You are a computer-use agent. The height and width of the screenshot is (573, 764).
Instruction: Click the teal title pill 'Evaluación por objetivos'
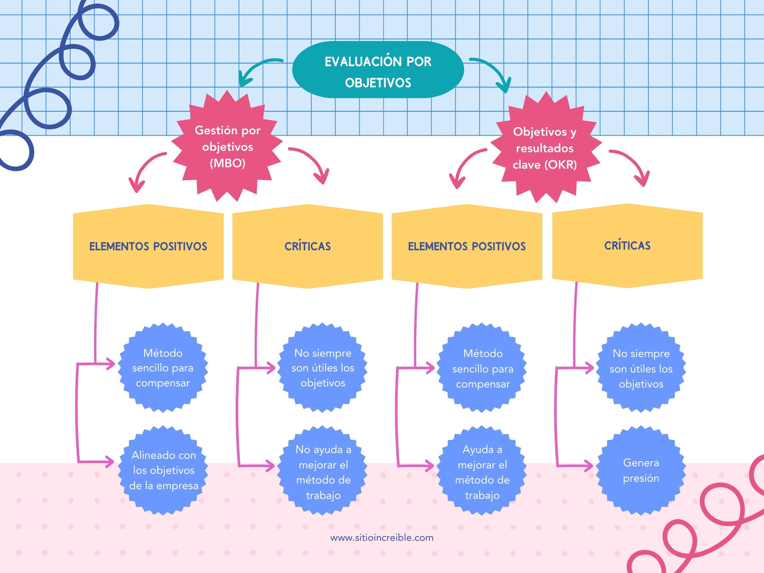[378, 70]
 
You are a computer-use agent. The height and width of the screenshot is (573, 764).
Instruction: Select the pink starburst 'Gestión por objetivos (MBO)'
[227, 146]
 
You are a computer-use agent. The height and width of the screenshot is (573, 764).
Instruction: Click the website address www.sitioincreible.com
[382, 538]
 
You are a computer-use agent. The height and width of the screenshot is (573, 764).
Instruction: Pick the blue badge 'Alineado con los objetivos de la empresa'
[163, 470]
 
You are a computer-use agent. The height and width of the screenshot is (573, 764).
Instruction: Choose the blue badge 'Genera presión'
[641, 470]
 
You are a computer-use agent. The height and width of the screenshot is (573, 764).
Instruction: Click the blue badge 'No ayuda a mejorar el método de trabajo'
[323, 470]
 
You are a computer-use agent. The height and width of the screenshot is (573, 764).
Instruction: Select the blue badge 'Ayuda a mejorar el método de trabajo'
[482, 470]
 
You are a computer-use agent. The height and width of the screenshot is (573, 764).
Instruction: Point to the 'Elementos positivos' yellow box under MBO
[149, 246]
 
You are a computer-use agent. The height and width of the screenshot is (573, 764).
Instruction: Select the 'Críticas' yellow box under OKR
[627, 245]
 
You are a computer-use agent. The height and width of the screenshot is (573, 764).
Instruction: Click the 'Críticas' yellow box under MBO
[308, 246]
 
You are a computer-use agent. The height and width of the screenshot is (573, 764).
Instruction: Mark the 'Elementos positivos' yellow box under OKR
[467, 246]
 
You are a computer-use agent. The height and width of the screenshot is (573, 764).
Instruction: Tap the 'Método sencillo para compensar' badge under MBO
[163, 368]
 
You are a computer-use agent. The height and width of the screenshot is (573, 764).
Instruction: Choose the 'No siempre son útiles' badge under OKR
[641, 368]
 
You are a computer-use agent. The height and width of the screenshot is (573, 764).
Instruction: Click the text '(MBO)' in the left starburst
[228, 163]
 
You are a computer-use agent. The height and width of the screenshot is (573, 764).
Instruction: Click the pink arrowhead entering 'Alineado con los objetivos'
[110, 462]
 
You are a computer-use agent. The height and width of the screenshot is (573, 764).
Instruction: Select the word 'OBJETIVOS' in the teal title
[378, 83]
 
